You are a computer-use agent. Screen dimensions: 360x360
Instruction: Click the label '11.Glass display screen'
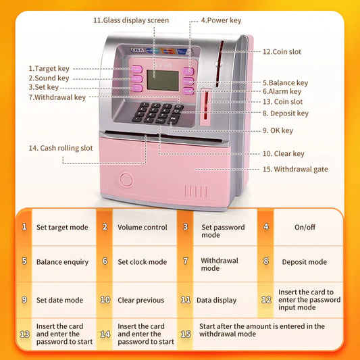coord(131,20)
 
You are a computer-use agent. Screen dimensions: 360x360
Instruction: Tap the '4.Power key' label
coord(221,20)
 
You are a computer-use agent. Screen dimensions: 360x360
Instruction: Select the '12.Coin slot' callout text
coord(282,51)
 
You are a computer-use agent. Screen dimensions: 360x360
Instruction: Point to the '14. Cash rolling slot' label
coord(61,147)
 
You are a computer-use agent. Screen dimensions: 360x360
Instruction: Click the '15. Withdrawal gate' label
coord(294,169)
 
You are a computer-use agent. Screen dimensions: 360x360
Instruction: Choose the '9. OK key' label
coord(278,130)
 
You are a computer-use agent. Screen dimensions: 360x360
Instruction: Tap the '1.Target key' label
coord(49,68)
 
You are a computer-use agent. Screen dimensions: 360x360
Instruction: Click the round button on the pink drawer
coord(126,180)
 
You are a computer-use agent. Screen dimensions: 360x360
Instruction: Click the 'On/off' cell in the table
coord(305,228)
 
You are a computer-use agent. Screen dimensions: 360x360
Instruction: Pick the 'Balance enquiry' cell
coord(59,262)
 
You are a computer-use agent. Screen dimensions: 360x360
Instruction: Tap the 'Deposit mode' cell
coord(304,262)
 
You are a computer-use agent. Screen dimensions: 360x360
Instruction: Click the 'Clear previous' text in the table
coord(141,300)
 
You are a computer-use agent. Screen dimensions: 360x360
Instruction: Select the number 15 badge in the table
coord(186,334)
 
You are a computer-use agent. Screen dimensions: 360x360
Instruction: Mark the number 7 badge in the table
coord(186,261)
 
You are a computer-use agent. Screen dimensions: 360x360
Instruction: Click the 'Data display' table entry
coord(216,300)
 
